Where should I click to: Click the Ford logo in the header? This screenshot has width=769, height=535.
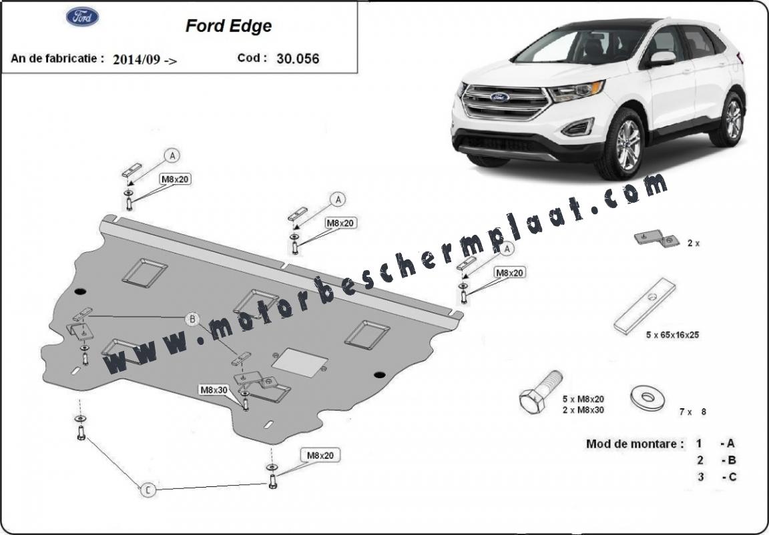click(82, 17)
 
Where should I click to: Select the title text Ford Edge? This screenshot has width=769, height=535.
click(228, 26)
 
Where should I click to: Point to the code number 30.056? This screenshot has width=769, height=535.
click(298, 59)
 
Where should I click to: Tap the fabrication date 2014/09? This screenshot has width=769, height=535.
click(136, 60)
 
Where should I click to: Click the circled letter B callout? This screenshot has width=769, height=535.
click(193, 320)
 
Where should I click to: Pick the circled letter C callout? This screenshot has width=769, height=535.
click(148, 490)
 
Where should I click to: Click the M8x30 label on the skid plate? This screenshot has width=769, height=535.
click(214, 390)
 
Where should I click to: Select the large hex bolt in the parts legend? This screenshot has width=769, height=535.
click(541, 391)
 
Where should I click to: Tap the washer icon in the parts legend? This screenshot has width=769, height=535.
click(648, 397)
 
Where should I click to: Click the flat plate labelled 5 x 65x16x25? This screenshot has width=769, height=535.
click(644, 306)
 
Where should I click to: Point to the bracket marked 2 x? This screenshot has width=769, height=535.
click(657, 239)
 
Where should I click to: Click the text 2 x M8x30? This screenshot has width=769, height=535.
click(583, 410)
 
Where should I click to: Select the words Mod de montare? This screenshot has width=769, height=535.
click(635, 444)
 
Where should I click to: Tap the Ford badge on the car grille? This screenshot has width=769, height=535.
click(499, 97)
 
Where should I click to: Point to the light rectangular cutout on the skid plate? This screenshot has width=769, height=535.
click(300, 362)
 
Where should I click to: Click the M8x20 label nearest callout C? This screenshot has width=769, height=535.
click(320, 456)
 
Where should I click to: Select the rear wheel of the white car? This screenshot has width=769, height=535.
click(732, 119)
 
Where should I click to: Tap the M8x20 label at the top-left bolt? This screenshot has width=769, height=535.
click(175, 179)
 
